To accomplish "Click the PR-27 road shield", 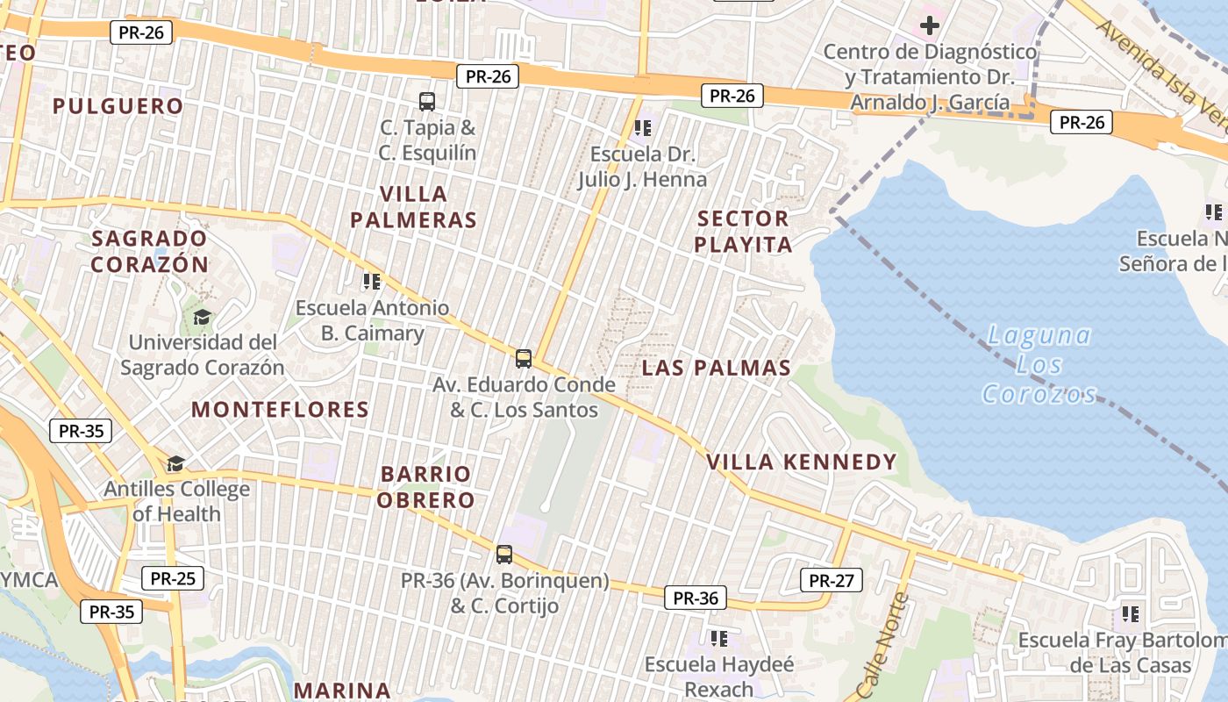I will coord(832,580).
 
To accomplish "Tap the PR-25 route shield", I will coord(173,578).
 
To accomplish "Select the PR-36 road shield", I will coord(696,598).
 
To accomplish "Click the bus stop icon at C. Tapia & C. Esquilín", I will coord(427,101).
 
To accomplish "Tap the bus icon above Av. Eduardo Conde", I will coord(524,358).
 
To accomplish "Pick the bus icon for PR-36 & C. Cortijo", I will coord(504,554).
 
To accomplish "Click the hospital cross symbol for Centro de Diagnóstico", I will coord(929,25).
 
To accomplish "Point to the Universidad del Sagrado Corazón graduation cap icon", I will coord(202,317).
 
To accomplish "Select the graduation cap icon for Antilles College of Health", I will coord(176,463).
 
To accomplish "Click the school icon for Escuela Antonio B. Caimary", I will coord(372,282).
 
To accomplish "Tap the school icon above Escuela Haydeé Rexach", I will coord(719,638).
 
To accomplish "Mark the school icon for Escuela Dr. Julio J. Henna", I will coord(643,128).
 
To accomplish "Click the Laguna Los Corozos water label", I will coord(1039,364).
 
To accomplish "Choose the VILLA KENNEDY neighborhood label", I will coord(802,462).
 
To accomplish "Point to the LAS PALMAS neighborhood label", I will coord(716,368).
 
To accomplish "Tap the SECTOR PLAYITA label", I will coord(743,232).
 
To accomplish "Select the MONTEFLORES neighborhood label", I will coord(280,410).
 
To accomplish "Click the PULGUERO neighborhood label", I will coord(118,106).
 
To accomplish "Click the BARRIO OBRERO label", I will coord(427,487).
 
